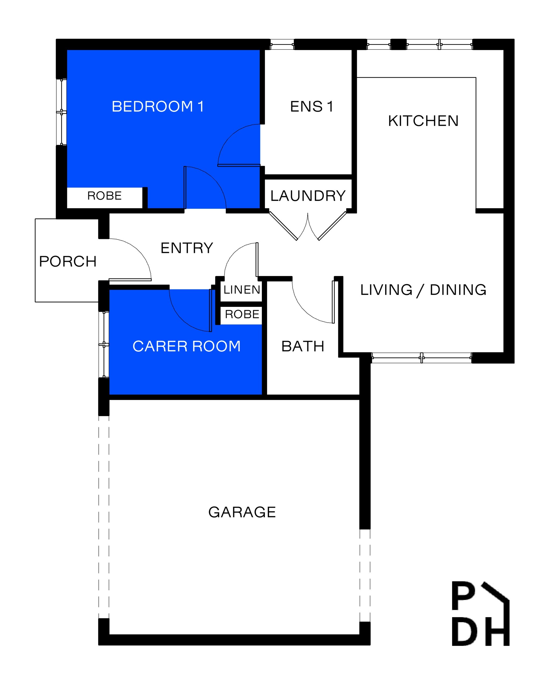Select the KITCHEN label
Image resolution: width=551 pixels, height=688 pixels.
click(x=423, y=121)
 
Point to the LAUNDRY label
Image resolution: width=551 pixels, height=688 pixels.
click(x=308, y=196)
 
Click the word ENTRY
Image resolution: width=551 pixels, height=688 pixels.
click(x=187, y=248)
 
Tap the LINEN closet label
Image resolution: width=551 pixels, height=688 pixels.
click(x=242, y=290)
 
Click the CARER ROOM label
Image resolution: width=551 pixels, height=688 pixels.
click(x=186, y=346)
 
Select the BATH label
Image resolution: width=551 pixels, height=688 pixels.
click(x=303, y=346)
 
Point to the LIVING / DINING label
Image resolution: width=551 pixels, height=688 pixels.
click(x=423, y=290)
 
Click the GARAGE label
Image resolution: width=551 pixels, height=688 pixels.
click(x=242, y=512)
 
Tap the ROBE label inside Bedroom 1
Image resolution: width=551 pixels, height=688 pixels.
click(x=104, y=196)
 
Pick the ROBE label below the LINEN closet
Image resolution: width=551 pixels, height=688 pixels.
click(x=242, y=314)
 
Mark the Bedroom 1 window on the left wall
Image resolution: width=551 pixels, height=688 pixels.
click(x=61, y=112)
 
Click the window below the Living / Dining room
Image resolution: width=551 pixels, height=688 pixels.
click(x=421, y=358)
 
